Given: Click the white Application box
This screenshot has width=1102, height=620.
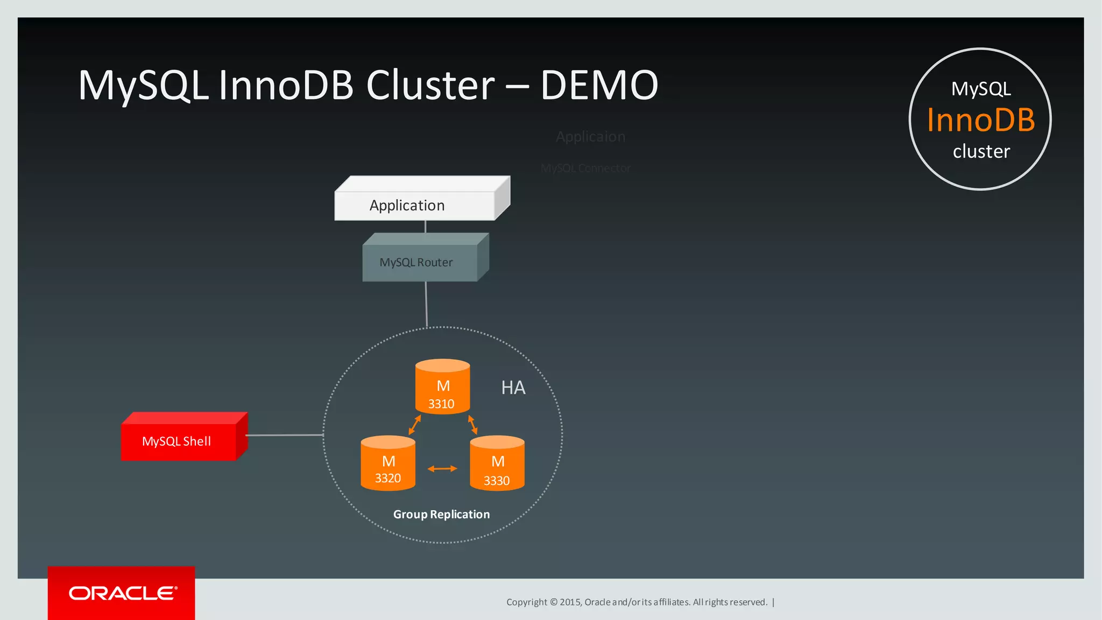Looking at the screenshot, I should (x=414, y=206).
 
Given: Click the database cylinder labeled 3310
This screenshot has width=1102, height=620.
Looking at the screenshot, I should (x=442, y=387).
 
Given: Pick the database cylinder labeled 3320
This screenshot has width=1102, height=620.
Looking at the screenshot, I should (x=388, y=464).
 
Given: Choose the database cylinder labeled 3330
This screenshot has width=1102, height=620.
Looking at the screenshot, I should (x=497, y=464).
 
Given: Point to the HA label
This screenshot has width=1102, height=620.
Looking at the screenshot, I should (x=513, y=387).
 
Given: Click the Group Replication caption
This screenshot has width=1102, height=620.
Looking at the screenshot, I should (x=441, y=515).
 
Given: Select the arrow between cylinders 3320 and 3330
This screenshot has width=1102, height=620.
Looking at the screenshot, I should (x=442, y=469).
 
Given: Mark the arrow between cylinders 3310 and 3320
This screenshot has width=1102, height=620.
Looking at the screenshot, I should (x=414, y=425).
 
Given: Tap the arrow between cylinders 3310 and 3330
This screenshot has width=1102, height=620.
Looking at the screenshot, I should (x=472, y=425).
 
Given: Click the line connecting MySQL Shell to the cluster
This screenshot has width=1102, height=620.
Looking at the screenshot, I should (x=284, y=435).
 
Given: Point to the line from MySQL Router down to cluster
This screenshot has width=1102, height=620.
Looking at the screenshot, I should (x=426, y=304).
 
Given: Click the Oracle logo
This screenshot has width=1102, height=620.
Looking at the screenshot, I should (x=123, y=593).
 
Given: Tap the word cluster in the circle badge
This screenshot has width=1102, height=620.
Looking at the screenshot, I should (x=981, y=152).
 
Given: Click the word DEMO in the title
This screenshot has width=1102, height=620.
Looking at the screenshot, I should (x=599, y=85).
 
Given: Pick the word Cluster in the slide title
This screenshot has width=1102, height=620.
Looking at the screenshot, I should (x=430, y=85).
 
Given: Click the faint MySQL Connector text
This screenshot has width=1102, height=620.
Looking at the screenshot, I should (x=585, y=168).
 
